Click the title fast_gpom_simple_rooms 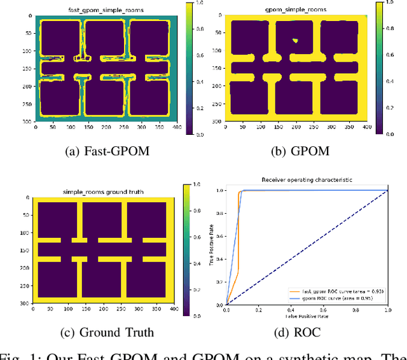[x=106, y=11]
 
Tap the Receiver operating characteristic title [x=307, y=181]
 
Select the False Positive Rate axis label [x=307, y=315]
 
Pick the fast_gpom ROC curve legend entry [x=330, y=289]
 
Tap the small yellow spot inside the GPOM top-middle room [x=294, y=40]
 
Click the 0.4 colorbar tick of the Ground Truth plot [x=196, y=263]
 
